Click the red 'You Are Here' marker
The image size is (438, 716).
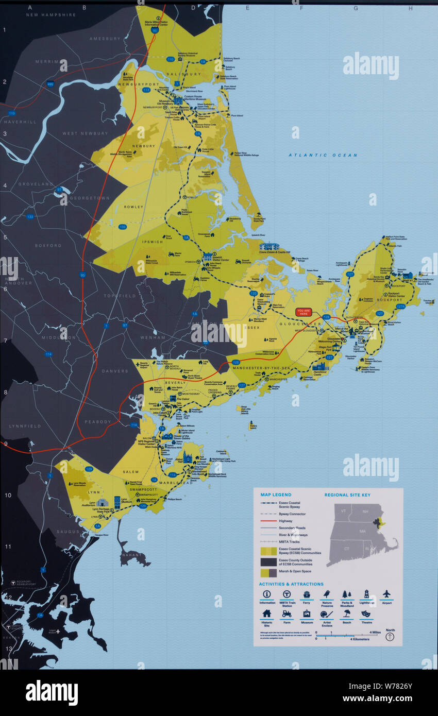click(304, 312)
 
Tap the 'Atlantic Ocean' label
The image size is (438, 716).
click(323, 155)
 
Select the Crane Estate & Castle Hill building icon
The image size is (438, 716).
click(269, 246)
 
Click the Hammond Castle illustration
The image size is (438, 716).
click(319, 367)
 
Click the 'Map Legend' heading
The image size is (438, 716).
click(276, 495)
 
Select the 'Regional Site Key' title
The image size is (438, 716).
click(347, 495)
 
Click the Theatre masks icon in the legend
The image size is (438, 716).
click(366, 614)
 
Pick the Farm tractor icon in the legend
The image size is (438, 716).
click(287, 614)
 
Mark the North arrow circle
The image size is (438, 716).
click(390, 637)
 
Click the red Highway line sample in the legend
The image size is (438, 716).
click(268, 521)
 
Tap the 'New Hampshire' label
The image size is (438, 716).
click(52, 15)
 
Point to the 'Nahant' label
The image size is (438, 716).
click(130, 555)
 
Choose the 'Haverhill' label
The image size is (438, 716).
click(20, 122)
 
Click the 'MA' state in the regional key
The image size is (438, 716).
click(363, 531)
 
